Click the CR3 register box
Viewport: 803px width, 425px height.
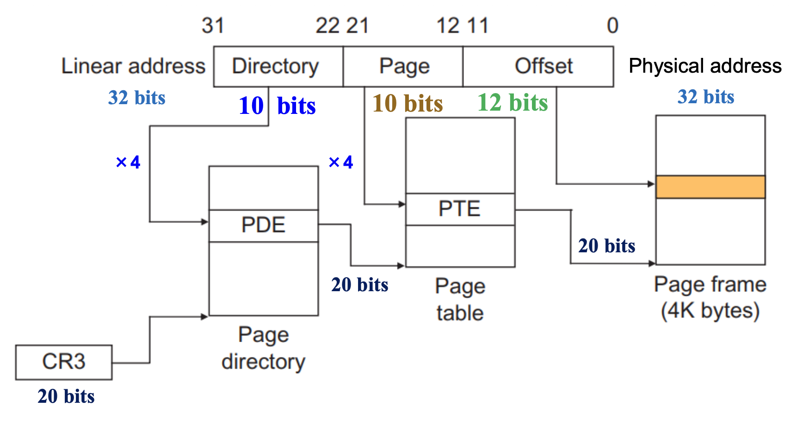pos(64,362)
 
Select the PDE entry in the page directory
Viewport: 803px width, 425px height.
pos(263,225)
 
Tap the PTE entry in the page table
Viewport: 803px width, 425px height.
pos(460,209)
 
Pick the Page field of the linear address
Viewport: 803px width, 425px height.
pos(403,66)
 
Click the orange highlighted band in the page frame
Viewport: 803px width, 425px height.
pos(710,187)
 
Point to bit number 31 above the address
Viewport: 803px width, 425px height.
pos(213,26)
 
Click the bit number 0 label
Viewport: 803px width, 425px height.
pos(612,26)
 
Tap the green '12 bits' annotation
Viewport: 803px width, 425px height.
pos(513,102)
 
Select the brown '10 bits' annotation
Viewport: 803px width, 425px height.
pos(408,103)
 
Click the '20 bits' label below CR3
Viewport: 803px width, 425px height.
pos(66,396)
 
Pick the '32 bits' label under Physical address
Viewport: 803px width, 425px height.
pos(706,97)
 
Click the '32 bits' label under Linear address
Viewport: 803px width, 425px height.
pos(136,98)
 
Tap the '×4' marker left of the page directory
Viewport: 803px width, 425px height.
pos(128,162)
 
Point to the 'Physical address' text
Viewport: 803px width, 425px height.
pos(705,66)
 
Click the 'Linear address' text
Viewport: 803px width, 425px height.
pos(133,66)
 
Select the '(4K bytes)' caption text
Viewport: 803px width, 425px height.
pos(710,311)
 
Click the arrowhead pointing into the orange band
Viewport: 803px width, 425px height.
pos(652,184)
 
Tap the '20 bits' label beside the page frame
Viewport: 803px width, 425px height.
pos(606,246)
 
